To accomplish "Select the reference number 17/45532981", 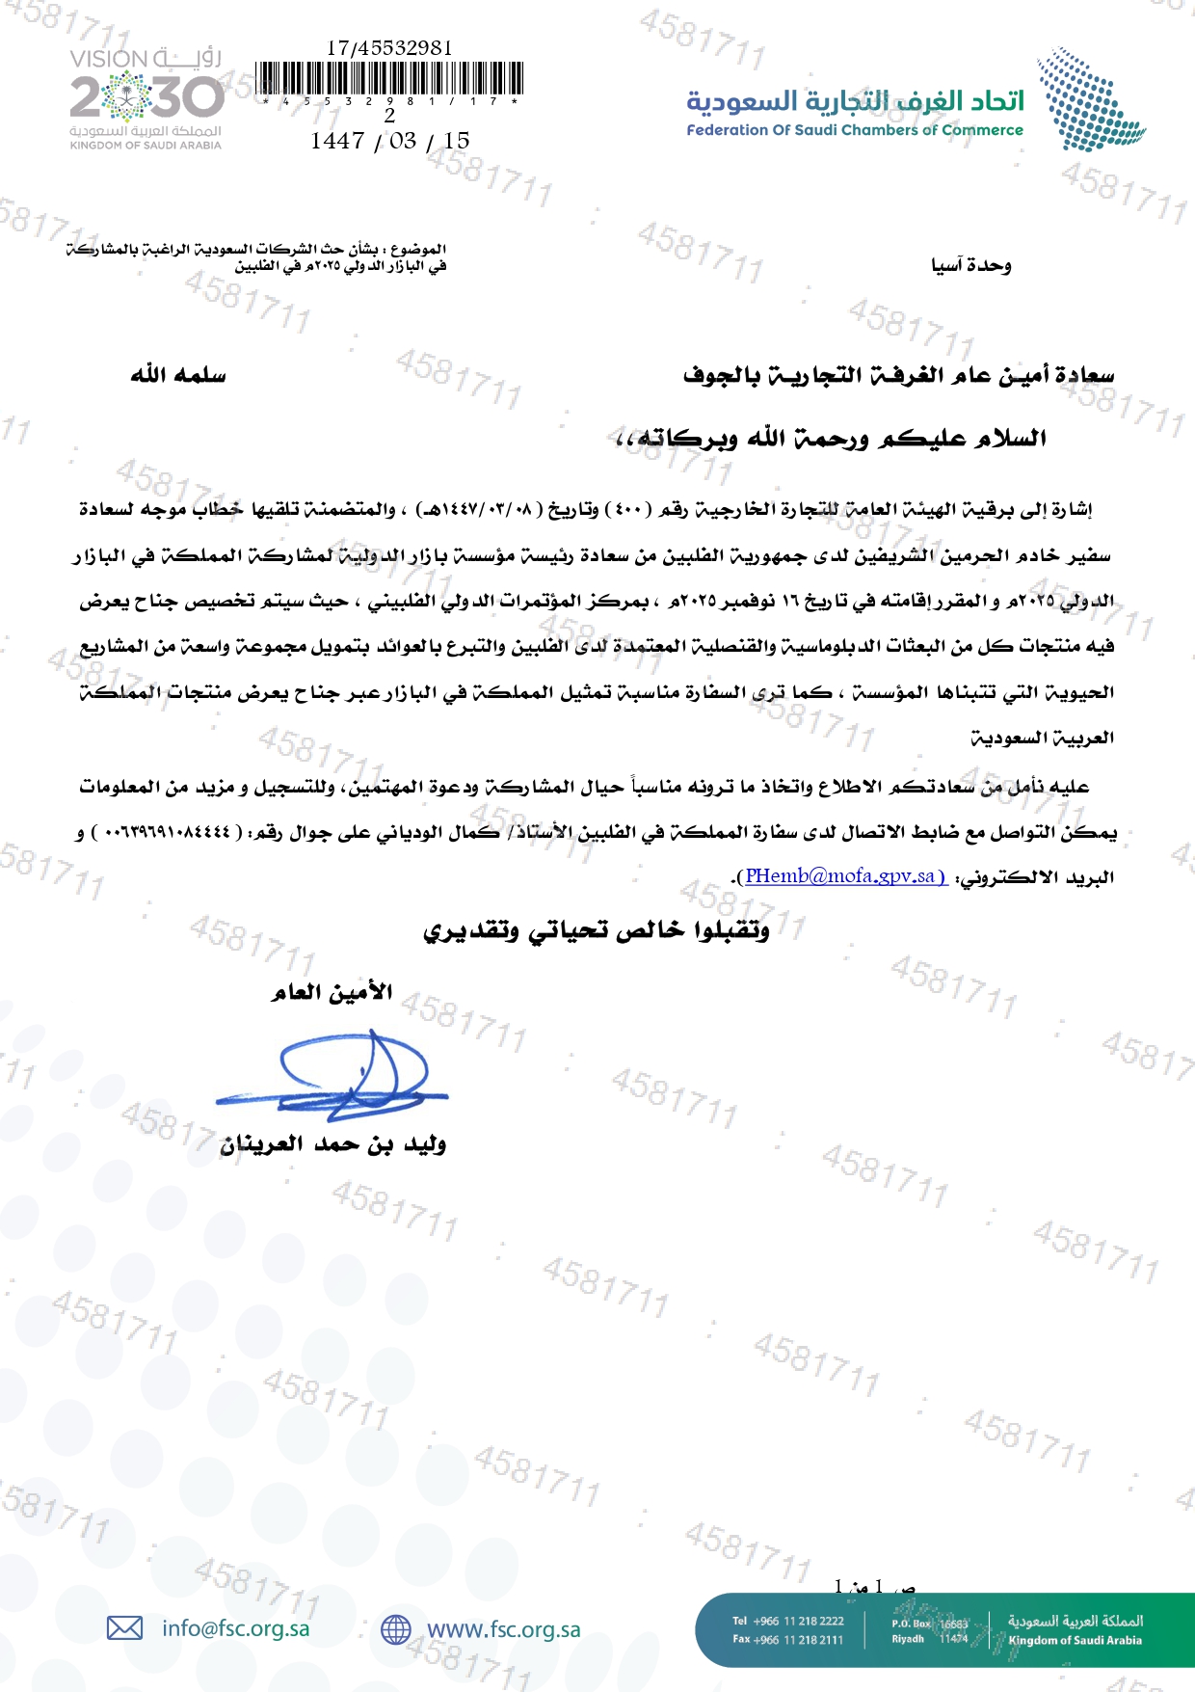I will (389, 47).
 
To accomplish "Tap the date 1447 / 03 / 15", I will (389, 141).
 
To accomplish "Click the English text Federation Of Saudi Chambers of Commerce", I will (854, 130).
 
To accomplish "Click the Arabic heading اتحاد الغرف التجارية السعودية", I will (854, 100).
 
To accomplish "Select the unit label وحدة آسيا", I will (970, 265).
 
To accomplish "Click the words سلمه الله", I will (178, 374).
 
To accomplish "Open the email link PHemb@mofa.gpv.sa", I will (845, 876).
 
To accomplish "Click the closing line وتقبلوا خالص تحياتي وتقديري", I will (597, 930).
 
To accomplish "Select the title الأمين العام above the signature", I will (332, 992).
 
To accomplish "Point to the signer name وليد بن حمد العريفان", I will (332, 1144).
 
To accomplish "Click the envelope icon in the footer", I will (124, 1628).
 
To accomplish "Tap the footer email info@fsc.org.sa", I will (236, 1628).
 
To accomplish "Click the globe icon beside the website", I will (395, 1629).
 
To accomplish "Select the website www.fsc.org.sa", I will (503, 1629).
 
